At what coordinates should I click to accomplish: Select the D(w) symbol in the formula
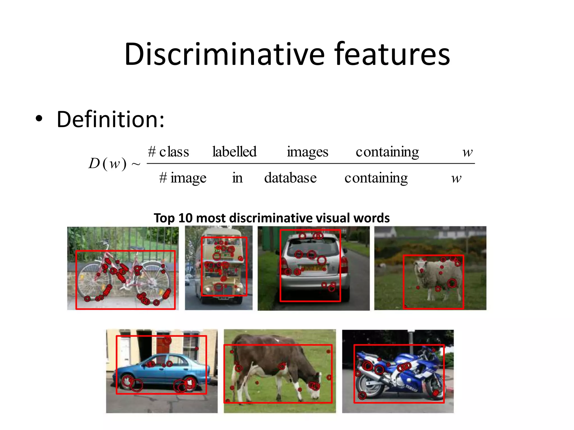point(108,163)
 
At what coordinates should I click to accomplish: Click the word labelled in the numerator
point(234,152)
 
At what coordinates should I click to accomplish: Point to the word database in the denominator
point(290,178)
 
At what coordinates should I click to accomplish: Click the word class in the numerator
point(174,152)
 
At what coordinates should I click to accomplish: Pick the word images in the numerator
point(307,152)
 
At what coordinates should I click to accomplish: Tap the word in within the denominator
point(237,178)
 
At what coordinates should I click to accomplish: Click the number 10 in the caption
point(185,218)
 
